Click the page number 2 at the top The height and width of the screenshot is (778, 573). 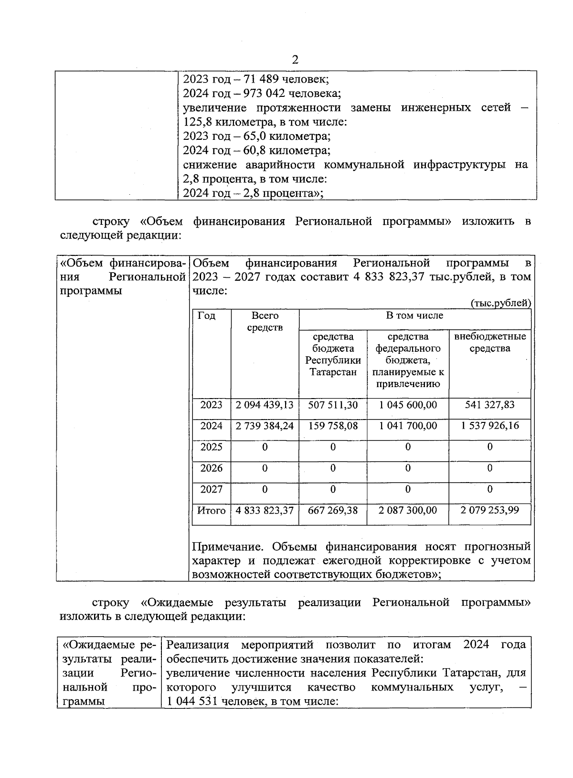[295, 60]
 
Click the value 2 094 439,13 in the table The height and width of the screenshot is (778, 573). [265, 405]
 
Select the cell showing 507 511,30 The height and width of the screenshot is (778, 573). [333, 405]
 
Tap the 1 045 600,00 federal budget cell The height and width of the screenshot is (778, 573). [408, 405]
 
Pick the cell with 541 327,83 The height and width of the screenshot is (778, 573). [490, 405]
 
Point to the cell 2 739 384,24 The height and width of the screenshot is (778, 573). [265, 426]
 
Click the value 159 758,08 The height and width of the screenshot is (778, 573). [333, 426]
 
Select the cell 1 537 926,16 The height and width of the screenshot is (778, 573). [490, 426]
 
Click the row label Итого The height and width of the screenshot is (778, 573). [212, 510]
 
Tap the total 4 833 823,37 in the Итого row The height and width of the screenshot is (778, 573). [265, 510]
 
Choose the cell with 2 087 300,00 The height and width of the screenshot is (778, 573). [408, 510]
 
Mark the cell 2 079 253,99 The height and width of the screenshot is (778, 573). [490, 510]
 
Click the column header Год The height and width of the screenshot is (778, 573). [206, 316]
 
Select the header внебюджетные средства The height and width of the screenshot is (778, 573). [490, 342]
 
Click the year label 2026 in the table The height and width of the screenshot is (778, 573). [212, 468]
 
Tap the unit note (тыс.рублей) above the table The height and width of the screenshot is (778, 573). [500, 303]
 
